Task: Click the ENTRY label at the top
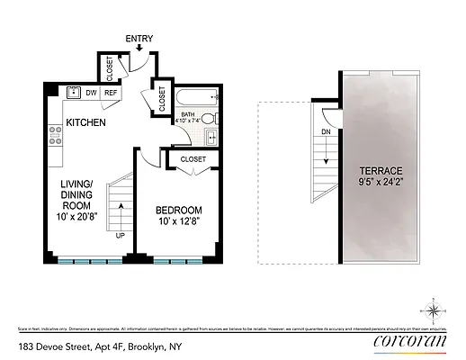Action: tap(139, 38)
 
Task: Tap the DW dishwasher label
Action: tap(92, 93)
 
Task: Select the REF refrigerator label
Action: tap(112, 93)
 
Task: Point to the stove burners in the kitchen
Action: tap(54, 135)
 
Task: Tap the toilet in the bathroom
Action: tap(208, 119)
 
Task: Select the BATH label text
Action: tap(188, 115)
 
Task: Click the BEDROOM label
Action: tap(176, 210)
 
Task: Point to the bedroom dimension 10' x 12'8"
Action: tap(176, 222)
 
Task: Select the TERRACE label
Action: tap(381, 171)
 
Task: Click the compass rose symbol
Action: tap(435, 311)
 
